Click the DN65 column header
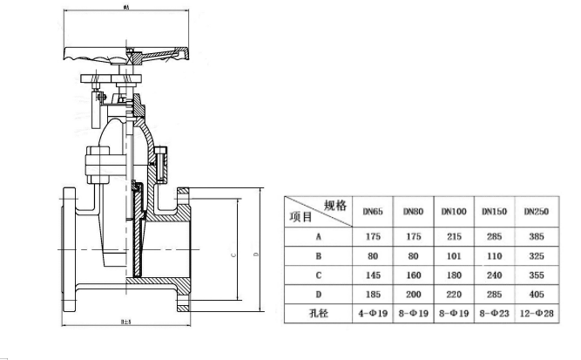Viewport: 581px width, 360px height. tap(373, 211)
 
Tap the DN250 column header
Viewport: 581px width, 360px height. tap(536, 211)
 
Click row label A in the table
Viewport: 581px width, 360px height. tap(318, 235)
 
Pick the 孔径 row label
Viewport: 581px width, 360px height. tap(318, 311)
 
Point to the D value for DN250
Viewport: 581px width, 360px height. tap(536, 295)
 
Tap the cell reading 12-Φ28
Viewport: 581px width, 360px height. tap(536, 311)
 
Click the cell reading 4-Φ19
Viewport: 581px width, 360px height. tap(373, 311)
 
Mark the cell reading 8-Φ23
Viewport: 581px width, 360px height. tap(494, 311)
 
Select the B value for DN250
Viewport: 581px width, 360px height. tap(536, 256)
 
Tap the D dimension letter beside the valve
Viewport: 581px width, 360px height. tap(254, 255)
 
